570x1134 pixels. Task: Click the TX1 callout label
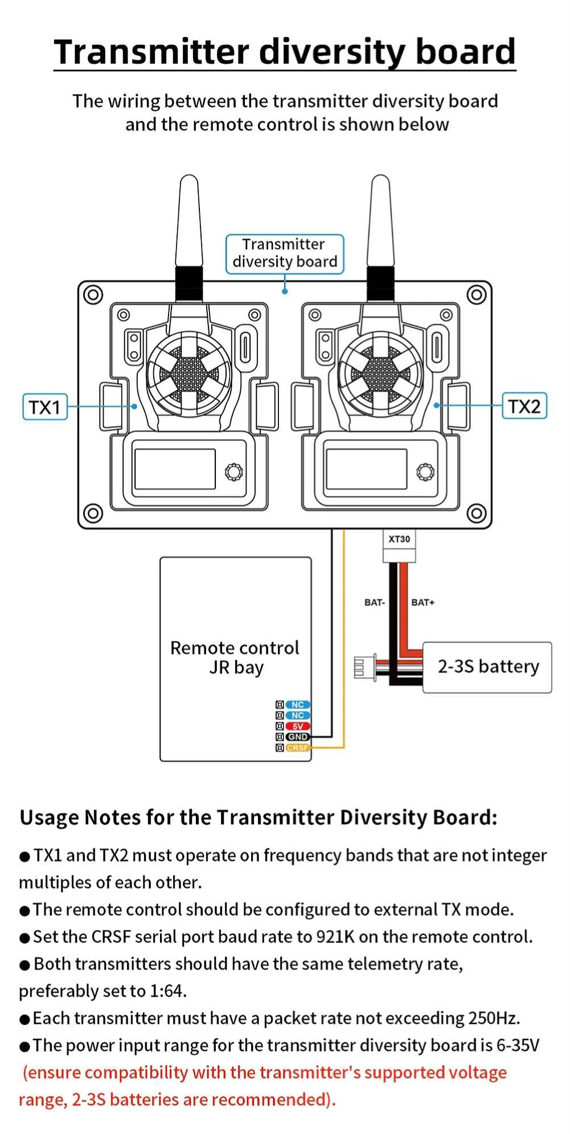(45, 407)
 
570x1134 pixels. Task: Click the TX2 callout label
(524, 406)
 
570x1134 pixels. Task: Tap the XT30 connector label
(399, 539)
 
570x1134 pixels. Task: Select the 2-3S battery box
(487, 667)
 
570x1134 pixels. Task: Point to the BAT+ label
(423, 602)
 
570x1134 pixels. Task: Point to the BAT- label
(375, 602)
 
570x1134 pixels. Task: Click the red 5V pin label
(298, 726)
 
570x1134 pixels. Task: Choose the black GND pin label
(298, 737)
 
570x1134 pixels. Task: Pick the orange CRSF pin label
(298, 748)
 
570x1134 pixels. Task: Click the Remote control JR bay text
(235, 657)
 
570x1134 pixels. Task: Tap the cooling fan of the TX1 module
(183, 374)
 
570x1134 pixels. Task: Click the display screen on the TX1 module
(174, 469)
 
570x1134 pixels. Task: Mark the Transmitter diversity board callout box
(285, 253)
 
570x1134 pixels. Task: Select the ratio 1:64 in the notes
(167, 991)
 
